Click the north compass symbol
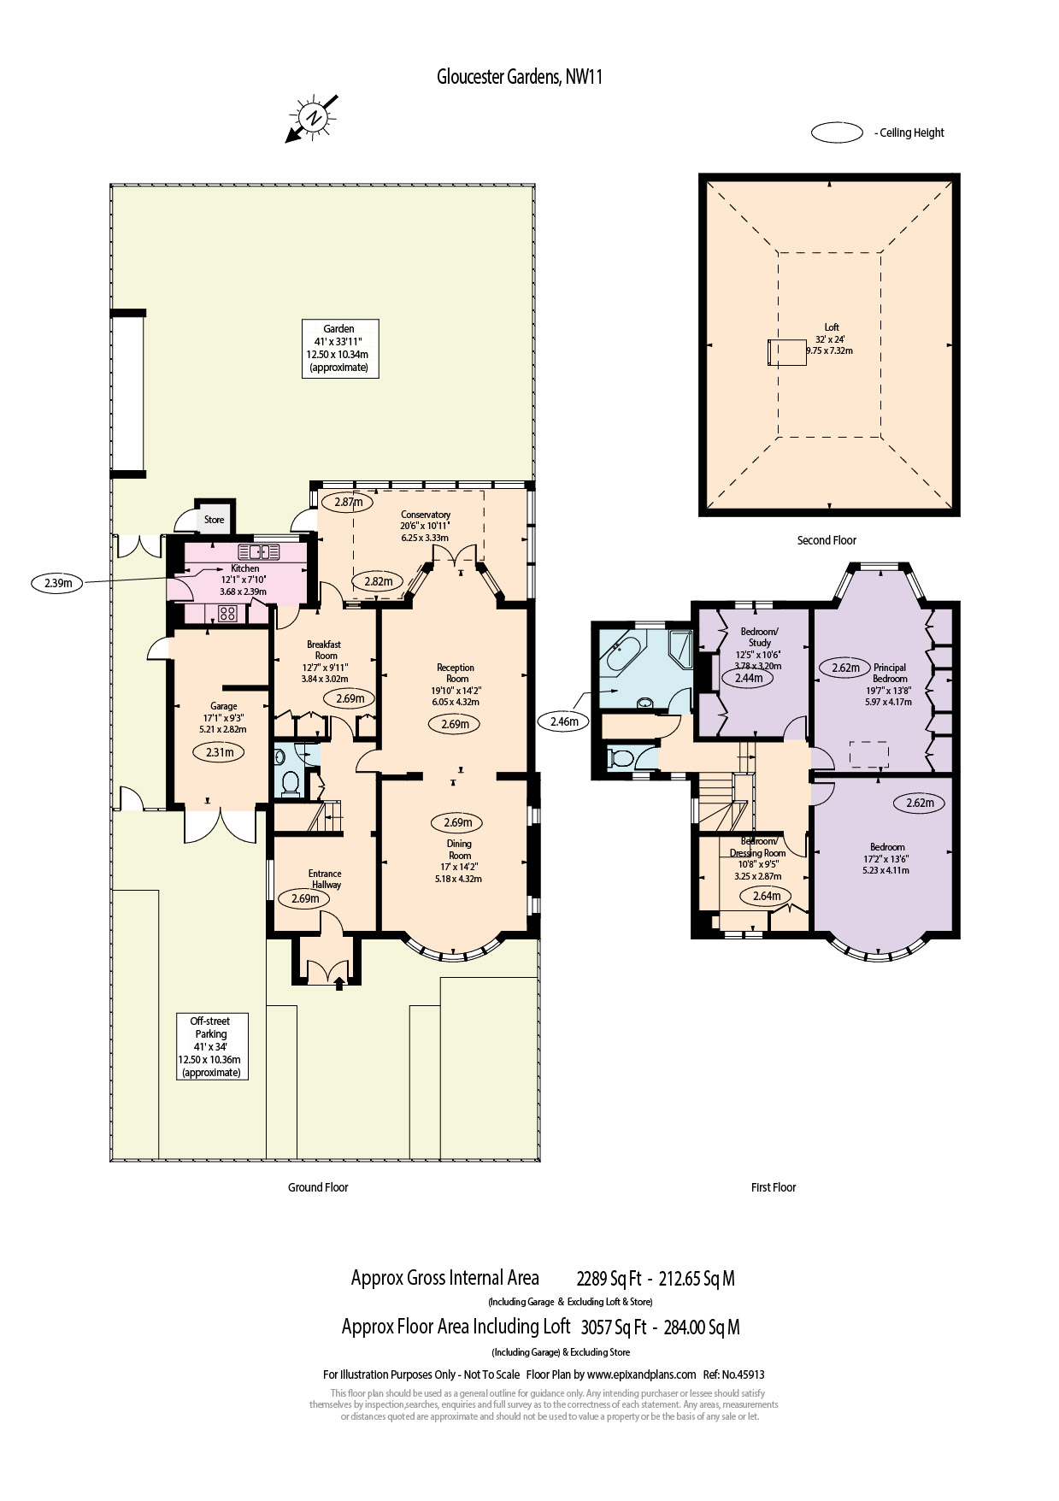pyautogui.click(x=313, y=118)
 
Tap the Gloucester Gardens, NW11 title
pyautogui.click(x=520, y=77)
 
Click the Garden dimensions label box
pyautogui.click(x=338, y=348)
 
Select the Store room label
pyautogui.click(x=214, y=520)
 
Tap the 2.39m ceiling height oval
pyautogui.click(x=57, y=583)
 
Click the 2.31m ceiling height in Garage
pyautogui.click(x=220, y=752)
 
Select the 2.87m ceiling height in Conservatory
pyautogui.click(x=348, y=502)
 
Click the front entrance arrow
pyautogui.click(x=339, y=983)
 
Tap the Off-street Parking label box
pyautogui.click(x=211, y=1046)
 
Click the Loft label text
pyautogui.click(x=832, y=327)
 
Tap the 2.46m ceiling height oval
pyautogui.click(x=564, y=721)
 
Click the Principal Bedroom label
pyautogui.click(x=889, y=673)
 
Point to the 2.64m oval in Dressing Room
pyautogui.click(x=766, y=896)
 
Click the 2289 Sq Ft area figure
pyautogui.click(x=609, y=1279)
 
